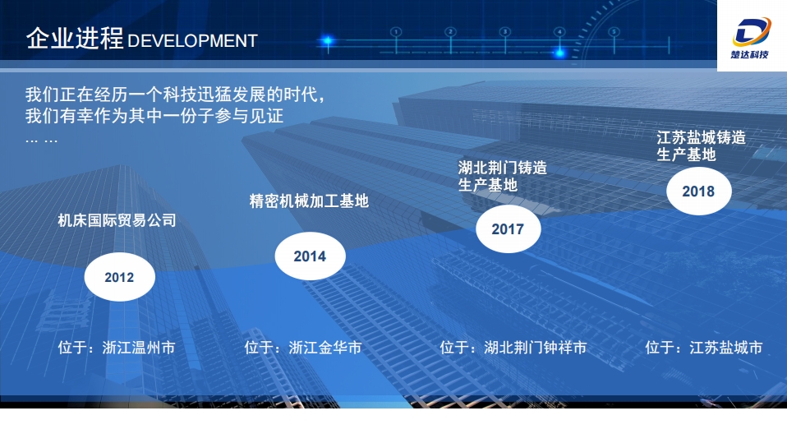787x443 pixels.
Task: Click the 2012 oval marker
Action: point(119,277)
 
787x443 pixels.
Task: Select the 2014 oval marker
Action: point(310,256)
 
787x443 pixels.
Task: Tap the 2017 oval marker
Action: point(508,229)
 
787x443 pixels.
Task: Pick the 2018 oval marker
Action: point(698,192)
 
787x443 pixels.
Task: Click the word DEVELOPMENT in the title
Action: point(193,40)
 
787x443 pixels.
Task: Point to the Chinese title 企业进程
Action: point(74,39)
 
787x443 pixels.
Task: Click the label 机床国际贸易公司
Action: point(117,220)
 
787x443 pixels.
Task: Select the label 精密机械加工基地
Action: point(309,201)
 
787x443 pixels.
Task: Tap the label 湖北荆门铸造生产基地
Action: point(502,176)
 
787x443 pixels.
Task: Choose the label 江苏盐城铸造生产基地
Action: point(701,145)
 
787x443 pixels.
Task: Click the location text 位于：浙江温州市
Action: point(117,348)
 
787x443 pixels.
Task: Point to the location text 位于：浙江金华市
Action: point(303,348)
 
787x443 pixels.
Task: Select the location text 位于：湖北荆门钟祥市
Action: point(513,348)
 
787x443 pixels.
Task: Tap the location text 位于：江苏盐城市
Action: point(704,348)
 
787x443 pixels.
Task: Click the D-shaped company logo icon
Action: point(752,31)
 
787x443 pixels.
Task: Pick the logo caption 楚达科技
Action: point(752,56)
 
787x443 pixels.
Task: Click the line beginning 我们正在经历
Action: point(175,95)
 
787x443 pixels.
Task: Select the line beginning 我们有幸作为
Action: point(154,116)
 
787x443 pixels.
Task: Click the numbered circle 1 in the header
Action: point(396,31)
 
